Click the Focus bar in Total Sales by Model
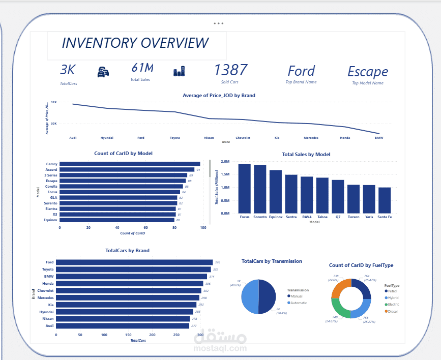[245, 189]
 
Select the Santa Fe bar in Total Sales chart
[385, 200]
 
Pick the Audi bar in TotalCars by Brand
[123, 326]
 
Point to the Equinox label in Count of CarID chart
[51, 220]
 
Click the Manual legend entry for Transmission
[297, 296]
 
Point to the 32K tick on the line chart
[53, 103]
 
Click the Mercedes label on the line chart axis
[311, 138]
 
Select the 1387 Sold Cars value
[230, 70]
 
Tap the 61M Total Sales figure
[142, 68]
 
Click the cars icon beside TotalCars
[103, 72]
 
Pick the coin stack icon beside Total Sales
[179, 72]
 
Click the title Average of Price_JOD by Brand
[219, 95]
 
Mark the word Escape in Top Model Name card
[367, 72]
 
